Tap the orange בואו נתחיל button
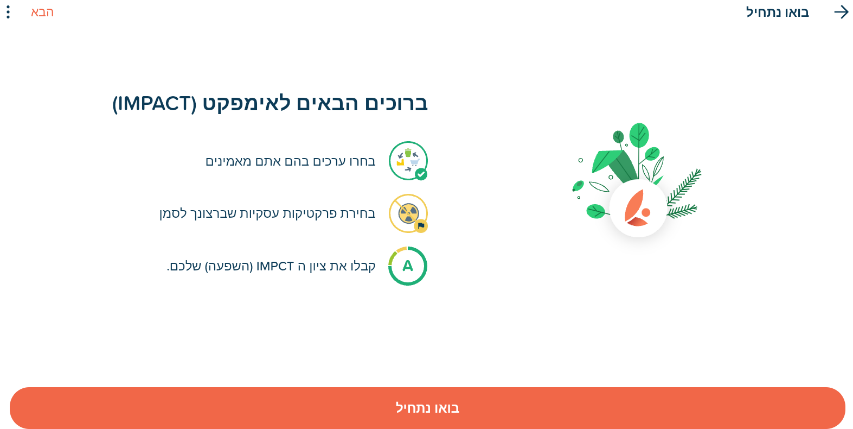click(427, 408)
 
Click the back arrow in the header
click(841, 12)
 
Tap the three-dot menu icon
click(8, 12)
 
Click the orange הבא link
click(42, 12)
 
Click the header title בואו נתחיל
click(777, 12)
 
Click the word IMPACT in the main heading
click(154, 104)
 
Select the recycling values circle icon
click(408, 161)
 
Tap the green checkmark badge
click(421, 175)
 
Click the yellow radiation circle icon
click(408, 213)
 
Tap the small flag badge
click(421, 226)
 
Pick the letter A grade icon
click(407, 266)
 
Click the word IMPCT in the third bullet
click(275, 266)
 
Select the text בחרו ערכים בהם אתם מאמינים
click(291, 161)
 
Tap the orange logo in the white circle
click(637, 208)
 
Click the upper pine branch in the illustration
click(684, 187)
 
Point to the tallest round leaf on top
click(639, 135)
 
